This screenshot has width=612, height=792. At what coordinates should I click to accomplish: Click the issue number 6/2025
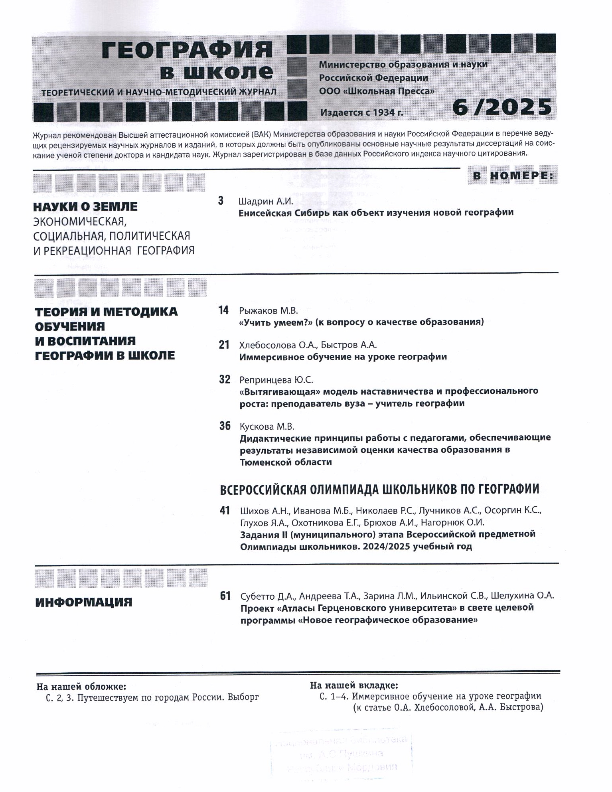point(502,107)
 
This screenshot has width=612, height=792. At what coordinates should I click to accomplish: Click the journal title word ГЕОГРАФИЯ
point(187,50)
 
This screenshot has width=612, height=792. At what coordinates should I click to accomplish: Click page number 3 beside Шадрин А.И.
point(221,201)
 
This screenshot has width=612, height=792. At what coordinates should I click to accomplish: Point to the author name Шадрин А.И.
point(265,201)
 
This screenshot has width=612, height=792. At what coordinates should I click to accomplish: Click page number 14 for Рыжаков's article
point(224,310)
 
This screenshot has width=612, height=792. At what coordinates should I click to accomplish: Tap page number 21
point(224,345)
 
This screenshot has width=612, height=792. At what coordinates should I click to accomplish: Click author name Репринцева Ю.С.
point(276,379)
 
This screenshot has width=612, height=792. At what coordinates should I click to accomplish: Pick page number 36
point(225,426)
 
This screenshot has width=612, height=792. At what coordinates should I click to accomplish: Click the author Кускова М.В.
point(267,427)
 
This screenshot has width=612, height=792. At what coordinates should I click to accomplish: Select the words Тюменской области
point(286,462)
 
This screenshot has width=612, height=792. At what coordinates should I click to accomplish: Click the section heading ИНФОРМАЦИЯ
point(83,602)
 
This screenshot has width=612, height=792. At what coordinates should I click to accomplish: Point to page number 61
point(225,596)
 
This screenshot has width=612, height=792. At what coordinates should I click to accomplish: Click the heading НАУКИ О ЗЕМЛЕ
point(85,207)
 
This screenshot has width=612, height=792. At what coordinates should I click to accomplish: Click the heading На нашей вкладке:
point(354,685)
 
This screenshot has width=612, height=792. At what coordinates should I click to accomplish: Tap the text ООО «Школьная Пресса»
point(377,91)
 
